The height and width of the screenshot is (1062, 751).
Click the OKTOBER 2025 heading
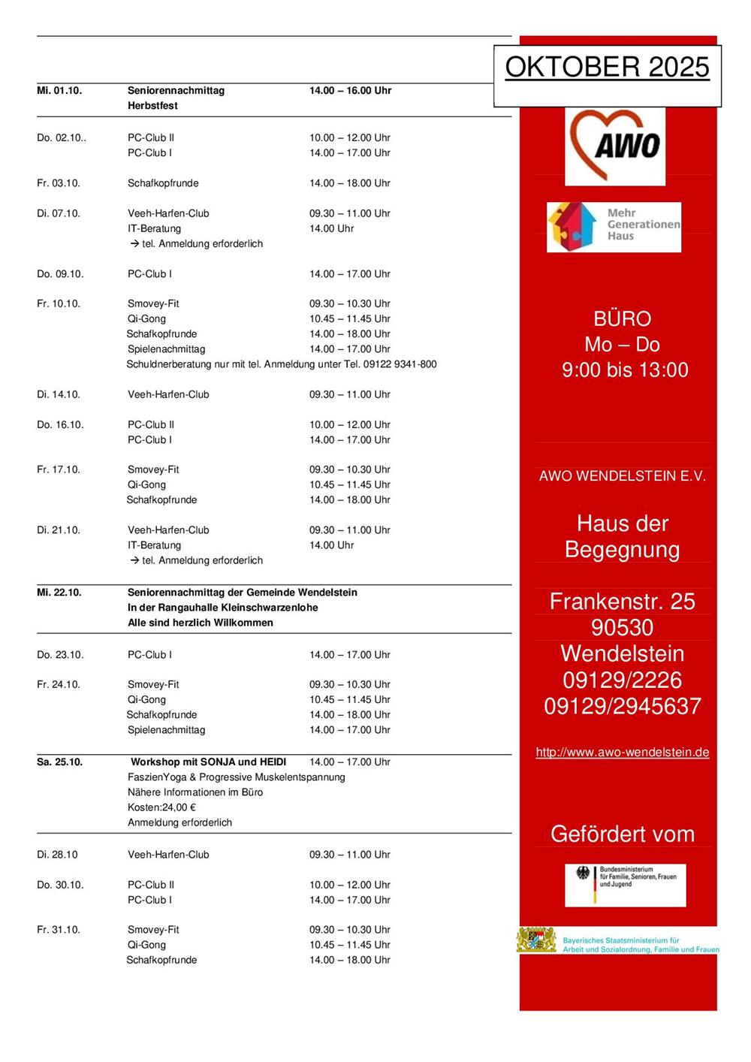[x=607, y=68]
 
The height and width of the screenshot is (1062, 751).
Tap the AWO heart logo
[x=615, y=146]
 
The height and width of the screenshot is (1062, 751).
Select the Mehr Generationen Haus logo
[x=614, y=226]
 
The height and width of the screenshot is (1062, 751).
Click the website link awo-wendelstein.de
[x=622, y=753]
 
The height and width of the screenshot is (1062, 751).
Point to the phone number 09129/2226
[x=622, y=680]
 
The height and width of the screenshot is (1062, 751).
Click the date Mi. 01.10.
[x=59, y=91]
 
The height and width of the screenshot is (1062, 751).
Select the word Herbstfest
[x=152, y=106]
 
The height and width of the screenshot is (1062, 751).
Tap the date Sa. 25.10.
[x=59, y=762]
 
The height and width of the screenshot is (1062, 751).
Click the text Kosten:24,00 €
[x=161, y=807]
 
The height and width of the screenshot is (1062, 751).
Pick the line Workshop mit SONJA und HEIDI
[x=208, y=762]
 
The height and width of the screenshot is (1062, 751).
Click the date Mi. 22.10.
[x=59, y=593]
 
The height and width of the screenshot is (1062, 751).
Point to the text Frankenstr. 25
[x=622, y=602]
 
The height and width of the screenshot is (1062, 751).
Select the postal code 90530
[x=622, y=628]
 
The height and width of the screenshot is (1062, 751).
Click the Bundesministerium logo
[x=625, y=885]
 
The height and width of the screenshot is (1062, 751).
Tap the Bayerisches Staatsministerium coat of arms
[x=536, y=940]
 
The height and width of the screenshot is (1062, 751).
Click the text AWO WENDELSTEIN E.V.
[x=622, y=476]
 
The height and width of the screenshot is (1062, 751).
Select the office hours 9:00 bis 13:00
[x=625, y=370]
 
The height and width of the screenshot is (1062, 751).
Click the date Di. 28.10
[x=57, y=855]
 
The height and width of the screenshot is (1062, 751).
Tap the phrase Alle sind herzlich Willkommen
[x=201, y=623]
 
